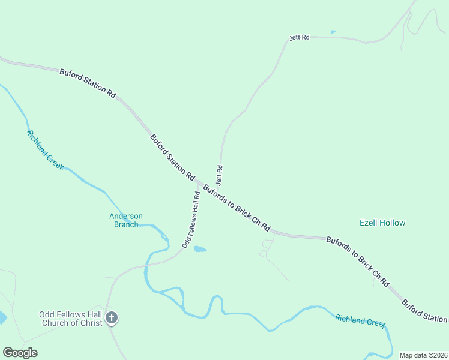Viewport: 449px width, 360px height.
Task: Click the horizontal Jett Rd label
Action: coord(300,37)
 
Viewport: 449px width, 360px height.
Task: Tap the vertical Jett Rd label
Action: coord(220,175)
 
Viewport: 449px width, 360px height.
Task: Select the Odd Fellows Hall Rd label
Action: coord(191,220)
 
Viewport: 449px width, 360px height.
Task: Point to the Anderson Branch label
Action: coord(126,220)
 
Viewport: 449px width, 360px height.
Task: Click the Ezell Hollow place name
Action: coord(382,223)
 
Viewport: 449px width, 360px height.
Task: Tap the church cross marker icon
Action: coord(111,318)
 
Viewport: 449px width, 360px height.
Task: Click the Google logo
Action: coord(20,353)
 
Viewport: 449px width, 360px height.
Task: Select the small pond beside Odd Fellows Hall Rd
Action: coord(200,249)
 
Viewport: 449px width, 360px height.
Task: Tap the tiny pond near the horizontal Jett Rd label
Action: coord(333,32)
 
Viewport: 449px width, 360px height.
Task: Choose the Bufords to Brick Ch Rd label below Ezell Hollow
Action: coord(358,261)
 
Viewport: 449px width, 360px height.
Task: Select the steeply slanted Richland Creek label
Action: coord(44,150)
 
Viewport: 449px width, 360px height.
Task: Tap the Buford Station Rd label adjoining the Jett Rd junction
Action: coord(172,157)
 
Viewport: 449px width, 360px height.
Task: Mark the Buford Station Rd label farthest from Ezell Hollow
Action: coord(88,83)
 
